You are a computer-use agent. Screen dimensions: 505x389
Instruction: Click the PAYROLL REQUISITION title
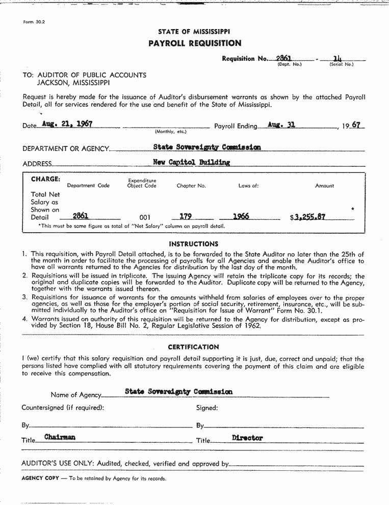click(x=194, y=43)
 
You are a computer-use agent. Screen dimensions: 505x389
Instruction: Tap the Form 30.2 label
click(x=32, y=22)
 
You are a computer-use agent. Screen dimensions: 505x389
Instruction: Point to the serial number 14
click(x=336, y=59)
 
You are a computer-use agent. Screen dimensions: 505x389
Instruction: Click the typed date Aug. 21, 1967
click(x=67, y=124)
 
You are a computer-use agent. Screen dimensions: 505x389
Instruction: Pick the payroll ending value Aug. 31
click(x=281, y=124)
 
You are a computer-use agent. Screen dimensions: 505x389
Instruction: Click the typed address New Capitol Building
click(x=191, y=162)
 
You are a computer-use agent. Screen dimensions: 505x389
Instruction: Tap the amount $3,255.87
click(x=307, y=216)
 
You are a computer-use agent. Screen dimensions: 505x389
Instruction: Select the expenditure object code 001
click(x=145, y=217)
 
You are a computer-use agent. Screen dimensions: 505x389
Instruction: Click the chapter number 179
click(x=186, y=216)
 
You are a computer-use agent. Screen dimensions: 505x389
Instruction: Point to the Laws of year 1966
click(x=241, y=216)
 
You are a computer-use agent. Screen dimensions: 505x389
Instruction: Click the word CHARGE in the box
click(x=45, y=179)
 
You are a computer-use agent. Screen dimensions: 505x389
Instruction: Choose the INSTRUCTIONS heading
click(x=193, y=244)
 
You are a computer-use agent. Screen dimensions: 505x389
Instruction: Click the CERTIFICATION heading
click(x=193, y=347)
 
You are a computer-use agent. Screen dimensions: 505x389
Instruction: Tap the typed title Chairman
click(x=60, y=437)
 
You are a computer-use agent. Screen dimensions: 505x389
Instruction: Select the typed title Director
click(x=247, y=438)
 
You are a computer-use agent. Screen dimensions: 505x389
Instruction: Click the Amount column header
click(x=324, y=186)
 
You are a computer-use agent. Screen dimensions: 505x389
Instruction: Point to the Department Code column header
click(x=88, y=186)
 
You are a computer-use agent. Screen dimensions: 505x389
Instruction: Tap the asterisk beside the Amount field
click(x=352, y=209)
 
